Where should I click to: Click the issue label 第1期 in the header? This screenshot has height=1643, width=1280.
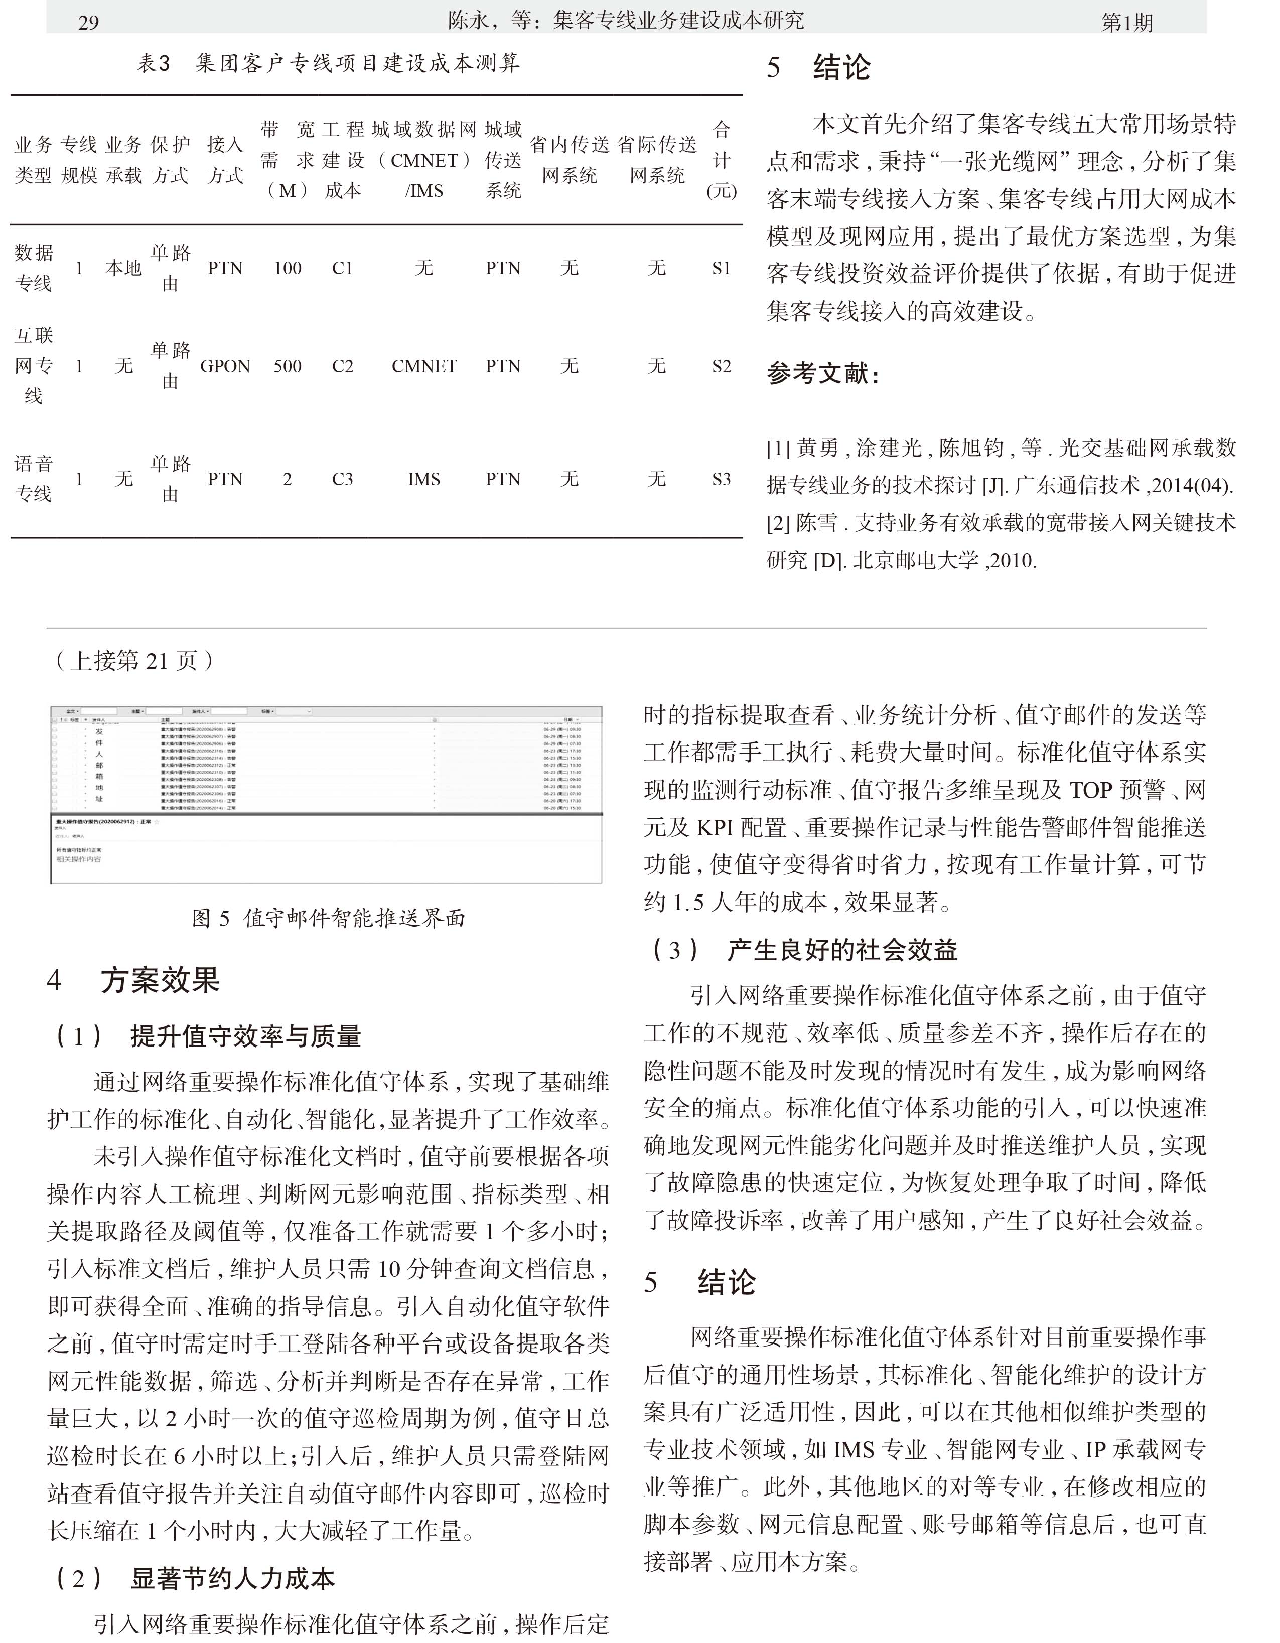[1126, 23]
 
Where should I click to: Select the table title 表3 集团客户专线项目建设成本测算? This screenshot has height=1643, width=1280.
[328, 63]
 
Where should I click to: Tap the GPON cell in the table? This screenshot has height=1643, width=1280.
[225, 366]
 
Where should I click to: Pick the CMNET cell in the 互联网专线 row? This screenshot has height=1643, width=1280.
[423, 366]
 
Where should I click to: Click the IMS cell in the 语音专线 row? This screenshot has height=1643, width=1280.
[423, 479]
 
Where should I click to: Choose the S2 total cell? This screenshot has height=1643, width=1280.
[721, 366]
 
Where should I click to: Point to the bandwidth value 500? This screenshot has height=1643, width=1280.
[288, 366]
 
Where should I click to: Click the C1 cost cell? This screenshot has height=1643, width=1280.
[342, 268]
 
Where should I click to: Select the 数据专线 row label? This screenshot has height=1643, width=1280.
[34, 268]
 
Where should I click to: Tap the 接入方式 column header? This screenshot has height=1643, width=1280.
[225, 160]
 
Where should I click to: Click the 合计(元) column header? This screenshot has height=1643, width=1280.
[721, 160]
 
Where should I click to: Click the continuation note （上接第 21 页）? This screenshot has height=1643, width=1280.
[134, 661]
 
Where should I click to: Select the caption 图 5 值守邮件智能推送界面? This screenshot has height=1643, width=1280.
[328, 918]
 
